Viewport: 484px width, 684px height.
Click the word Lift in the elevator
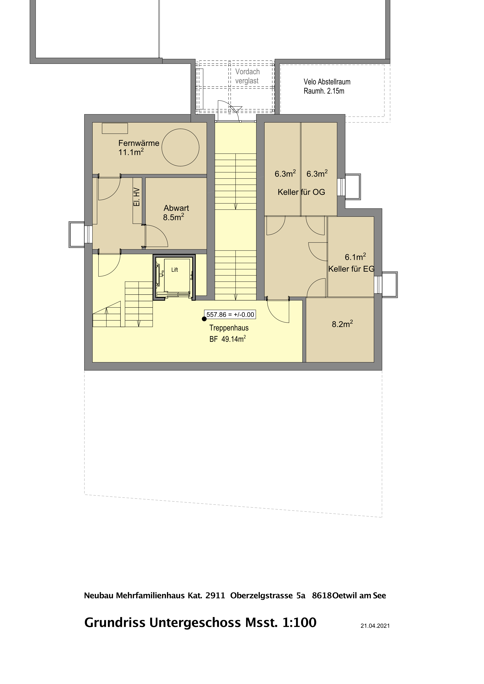[175, 270]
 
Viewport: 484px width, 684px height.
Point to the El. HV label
[136, 197]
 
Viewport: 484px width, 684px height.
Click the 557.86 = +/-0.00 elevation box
[230, 315]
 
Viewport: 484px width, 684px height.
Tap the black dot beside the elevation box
[204, 319]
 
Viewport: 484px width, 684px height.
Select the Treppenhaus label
[229, 328]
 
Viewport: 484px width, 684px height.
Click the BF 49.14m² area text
[228, 339]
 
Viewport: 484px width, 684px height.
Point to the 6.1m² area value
[355, 257]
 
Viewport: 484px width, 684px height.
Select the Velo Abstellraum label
[327, 82]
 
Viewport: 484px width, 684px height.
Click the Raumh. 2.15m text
[324, 91]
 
